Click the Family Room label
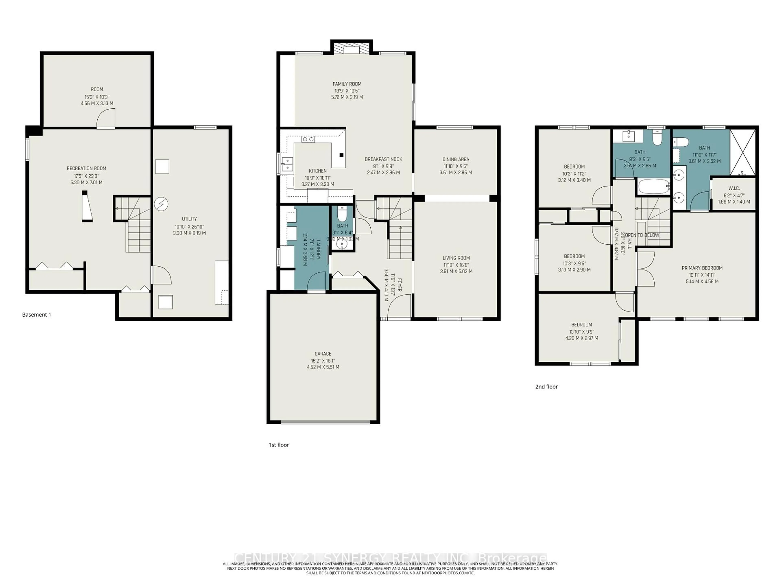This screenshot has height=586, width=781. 347,84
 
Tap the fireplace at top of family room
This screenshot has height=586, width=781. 351,49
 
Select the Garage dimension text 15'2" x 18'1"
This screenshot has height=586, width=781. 323,361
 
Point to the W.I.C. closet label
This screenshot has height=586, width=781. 734,189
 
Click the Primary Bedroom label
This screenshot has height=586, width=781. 702,268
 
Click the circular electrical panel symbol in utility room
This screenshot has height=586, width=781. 161,204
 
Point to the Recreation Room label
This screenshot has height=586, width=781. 86,168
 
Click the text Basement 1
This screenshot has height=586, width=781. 37,315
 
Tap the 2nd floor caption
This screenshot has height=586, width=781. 546,387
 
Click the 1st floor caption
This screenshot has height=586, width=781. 279,445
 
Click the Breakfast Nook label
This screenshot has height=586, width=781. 383,159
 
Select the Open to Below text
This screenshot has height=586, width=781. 642,235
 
